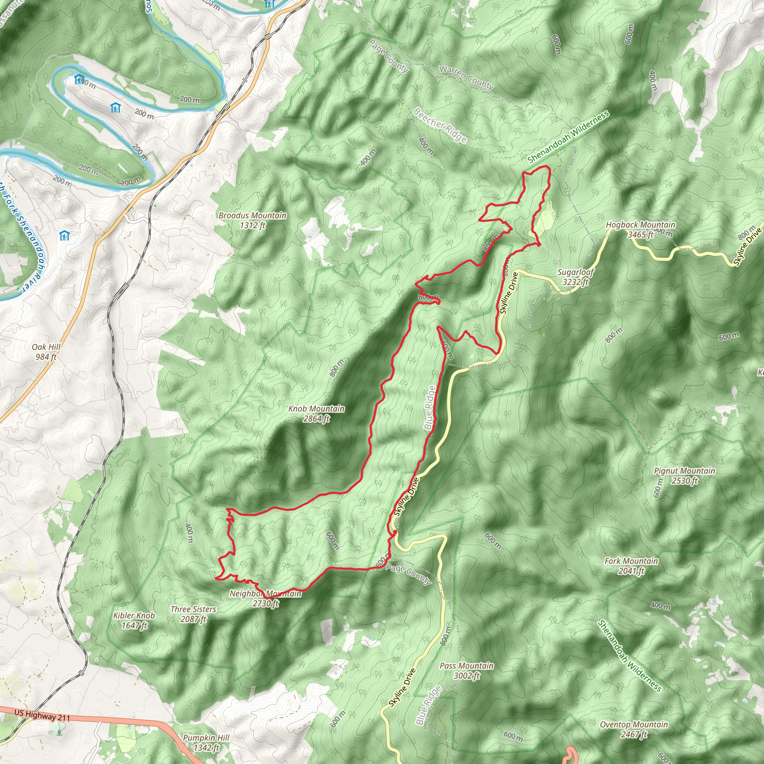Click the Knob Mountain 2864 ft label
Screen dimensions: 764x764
[x=316, y=414]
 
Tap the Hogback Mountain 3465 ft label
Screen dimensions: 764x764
[x=640, y=229]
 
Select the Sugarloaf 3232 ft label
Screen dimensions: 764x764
[x=575, y=277]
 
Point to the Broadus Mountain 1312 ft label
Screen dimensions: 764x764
[x=252, y=220]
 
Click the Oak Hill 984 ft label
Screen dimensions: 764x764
[x=46, y=351]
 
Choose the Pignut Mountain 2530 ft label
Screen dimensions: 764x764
[x=684, y=476]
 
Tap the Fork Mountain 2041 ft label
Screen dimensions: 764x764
[x=631, y=566]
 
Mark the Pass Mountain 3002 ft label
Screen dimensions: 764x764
[x=466, y=670]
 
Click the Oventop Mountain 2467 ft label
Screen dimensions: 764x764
[x=633, y=729]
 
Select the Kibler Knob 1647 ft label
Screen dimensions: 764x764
[x=134, y=620]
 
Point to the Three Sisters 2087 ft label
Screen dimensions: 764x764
[x=193, y=614]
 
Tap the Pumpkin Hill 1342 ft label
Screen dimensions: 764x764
[x=206, y=742]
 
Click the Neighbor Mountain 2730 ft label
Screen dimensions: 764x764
[x=265, y=598]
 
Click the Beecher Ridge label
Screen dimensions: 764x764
[x=439, y=125]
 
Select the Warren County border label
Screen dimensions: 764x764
[x=467, y=77]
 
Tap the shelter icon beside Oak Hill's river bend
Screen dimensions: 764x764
[x=64, y=236]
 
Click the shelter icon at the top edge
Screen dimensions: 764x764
[x=269, y=4]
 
